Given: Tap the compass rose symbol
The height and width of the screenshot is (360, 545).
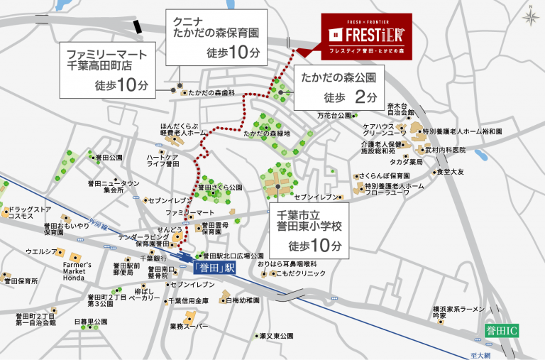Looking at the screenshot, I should pyautogui.click(x=531, y=16).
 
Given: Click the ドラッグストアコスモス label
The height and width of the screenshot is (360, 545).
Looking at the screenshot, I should pyautogui.click(x=28, y=214).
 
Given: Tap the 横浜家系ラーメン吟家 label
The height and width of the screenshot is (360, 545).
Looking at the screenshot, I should pyautogui.click(x=458, y=313).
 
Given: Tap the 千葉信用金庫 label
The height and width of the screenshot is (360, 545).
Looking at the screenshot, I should pyautogui.click(x=187, y=301).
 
